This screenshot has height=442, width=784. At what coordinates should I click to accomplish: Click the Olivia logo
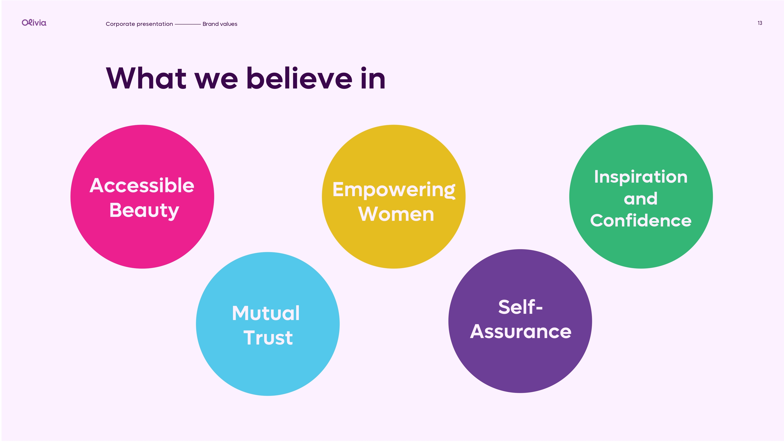click(34, 23)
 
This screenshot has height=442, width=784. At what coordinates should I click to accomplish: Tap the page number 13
click(760, 23)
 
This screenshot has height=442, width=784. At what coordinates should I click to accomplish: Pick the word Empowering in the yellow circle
click(394, 190)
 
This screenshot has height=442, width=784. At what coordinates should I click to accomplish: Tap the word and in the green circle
click(641, 199)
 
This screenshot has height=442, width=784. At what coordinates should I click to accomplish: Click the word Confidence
click(641, 221)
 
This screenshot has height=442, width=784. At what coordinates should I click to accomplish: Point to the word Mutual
click(266, 313)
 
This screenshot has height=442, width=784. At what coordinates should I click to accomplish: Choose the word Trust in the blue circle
click(268, 338)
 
